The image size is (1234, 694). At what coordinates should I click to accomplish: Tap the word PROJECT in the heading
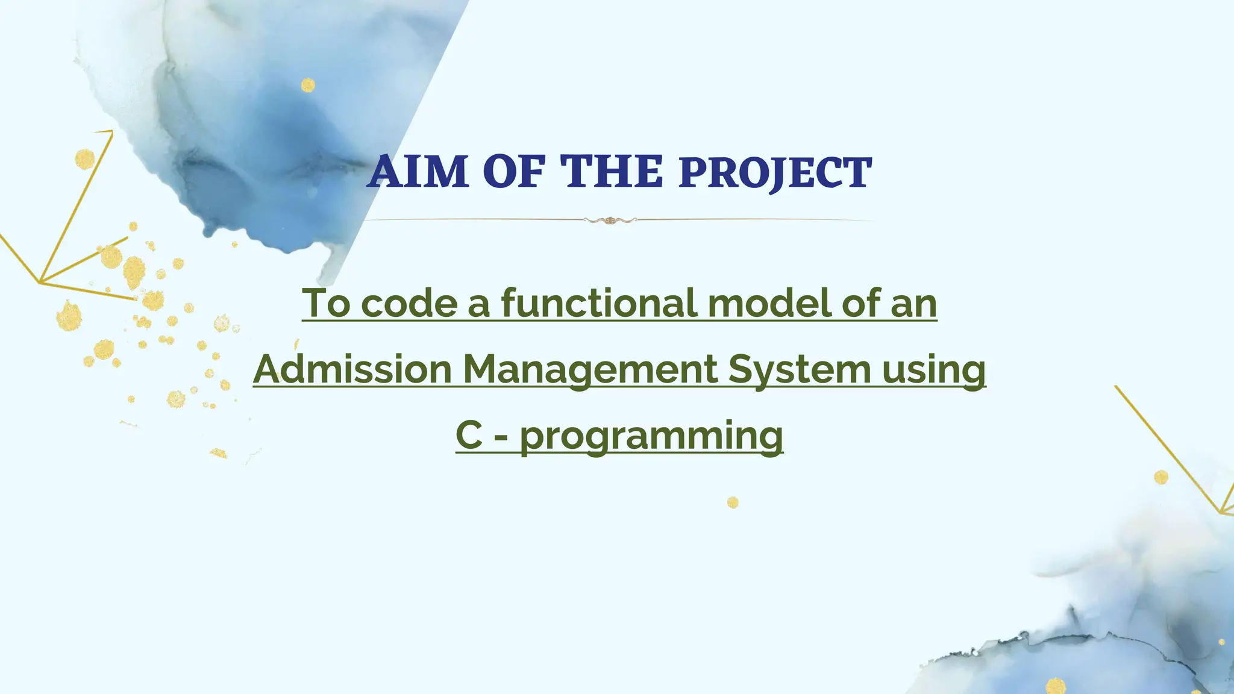pos(775,173)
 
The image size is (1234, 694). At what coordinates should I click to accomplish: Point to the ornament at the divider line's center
pos(610,220)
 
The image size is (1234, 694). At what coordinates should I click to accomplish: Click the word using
pos(934,370)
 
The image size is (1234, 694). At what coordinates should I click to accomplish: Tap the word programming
pos(651,436)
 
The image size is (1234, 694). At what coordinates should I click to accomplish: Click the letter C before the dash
pos(469,435)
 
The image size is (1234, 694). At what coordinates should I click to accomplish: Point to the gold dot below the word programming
pos(733,502)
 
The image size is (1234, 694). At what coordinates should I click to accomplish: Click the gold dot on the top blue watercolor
pos(308,85)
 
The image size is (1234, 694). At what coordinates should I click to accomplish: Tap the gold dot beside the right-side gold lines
pos(1161,478)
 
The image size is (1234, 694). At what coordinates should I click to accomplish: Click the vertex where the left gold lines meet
pos(40,282)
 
